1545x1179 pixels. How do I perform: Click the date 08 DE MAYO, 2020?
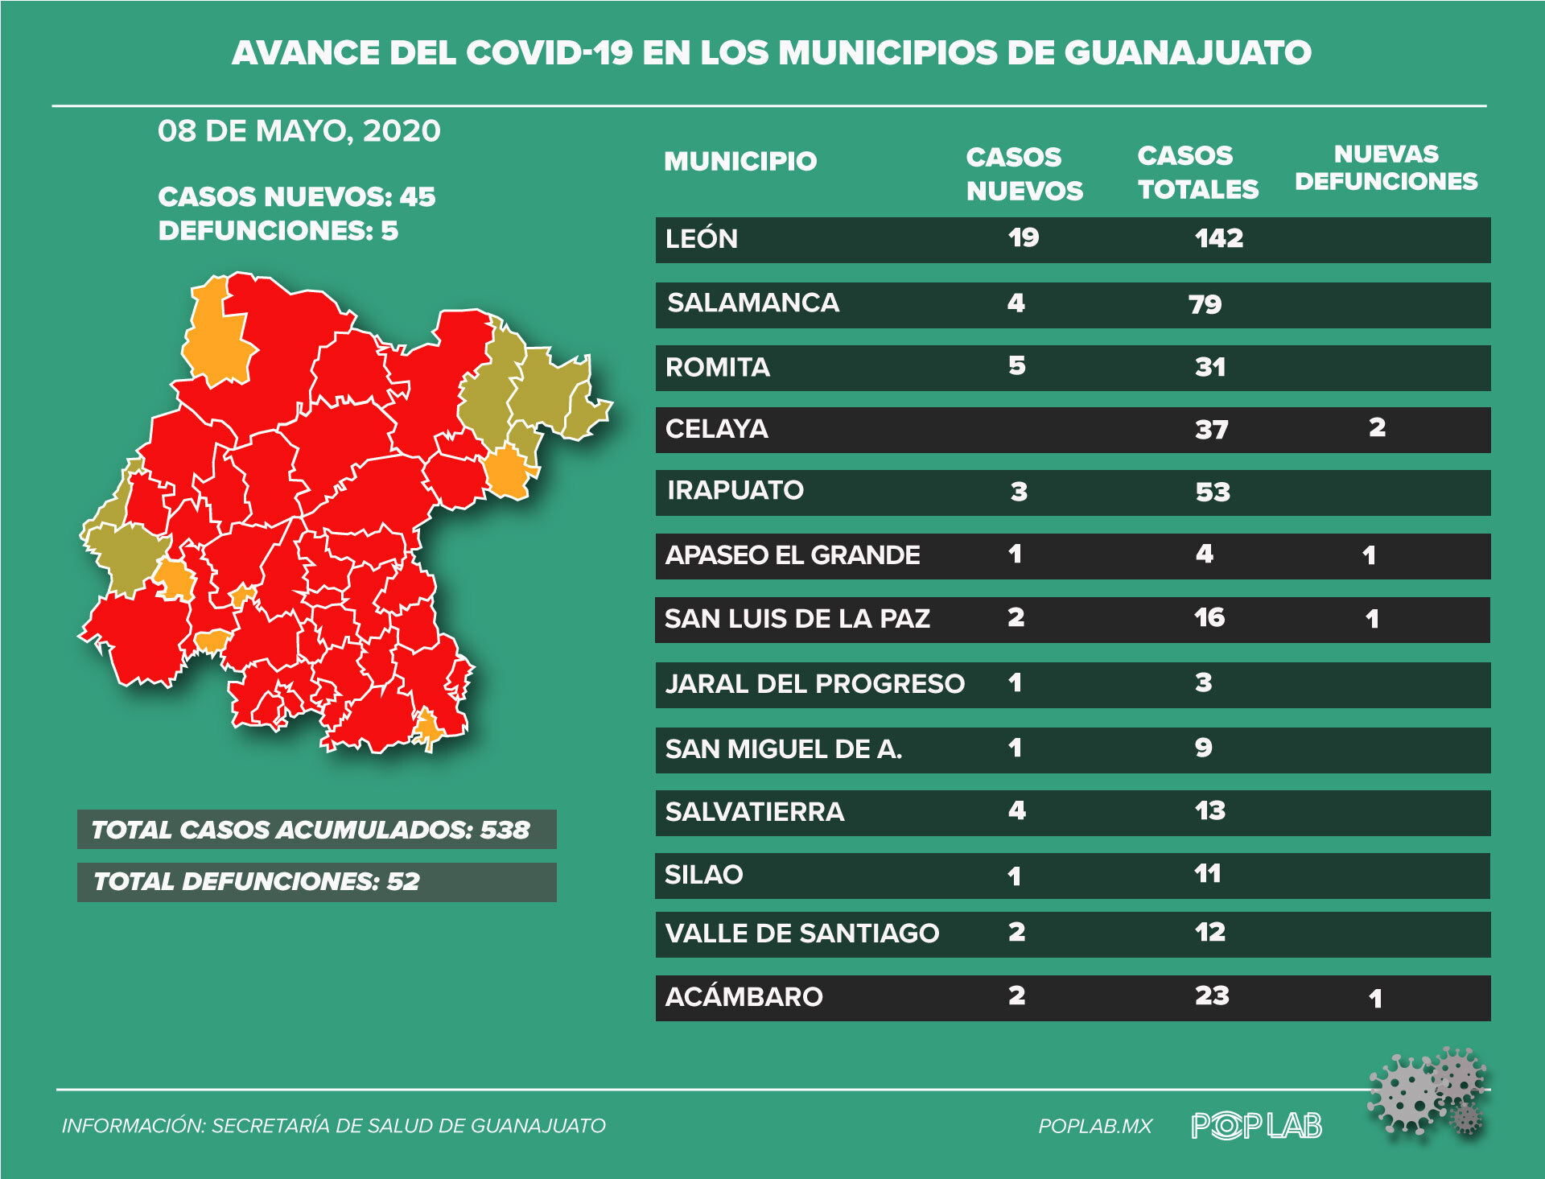pyautogui.click(x=299, y=131)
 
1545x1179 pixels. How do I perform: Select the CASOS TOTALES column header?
pyautogui.click(x=1197, y=172)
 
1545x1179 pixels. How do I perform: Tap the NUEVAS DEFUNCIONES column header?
pyautogui.click(x=1386, y=167)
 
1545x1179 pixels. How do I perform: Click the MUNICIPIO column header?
pyautogui.click(x=740, y=161)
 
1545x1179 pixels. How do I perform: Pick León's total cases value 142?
pyautogui.click(x=1218, y=238)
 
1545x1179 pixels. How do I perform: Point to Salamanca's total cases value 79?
pyautogui.click(x=1205, y=304)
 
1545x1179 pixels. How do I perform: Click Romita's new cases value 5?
pyautogui.click(x=1017, y=366)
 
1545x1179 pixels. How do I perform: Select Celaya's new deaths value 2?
pyautogui.click(x=1377, y=427)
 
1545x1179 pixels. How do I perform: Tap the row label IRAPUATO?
pyautogui.click(x=735, y=490)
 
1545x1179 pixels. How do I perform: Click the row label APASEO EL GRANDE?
pyautogui.click(x=792, y=555)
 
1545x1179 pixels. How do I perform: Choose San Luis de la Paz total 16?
pyautogui.click(x=1209, y=618)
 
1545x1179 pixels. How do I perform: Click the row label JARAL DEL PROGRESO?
pyautogui.click(x=814, y=684)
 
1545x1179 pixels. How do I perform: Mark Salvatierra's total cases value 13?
pyautogui.click(x=1209, y=810)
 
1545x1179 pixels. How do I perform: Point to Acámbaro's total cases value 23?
pyautogui.click(x=1211, y=996)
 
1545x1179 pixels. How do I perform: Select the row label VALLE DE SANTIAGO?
pyautogui.click(x=801, y=934)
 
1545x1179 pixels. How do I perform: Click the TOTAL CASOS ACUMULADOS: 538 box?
pyautogui.click(x=316, y=830)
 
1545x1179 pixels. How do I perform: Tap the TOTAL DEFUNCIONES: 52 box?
pyautogui.click(x=316, y=882)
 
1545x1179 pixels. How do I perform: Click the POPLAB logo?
pyautogui.click(x=1256, y=1125)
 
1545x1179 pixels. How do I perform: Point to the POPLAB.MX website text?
pyautogui.click(x=1095, y=1126)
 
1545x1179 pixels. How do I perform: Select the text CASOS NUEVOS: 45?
pyautogui.click(x=296, y=197)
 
